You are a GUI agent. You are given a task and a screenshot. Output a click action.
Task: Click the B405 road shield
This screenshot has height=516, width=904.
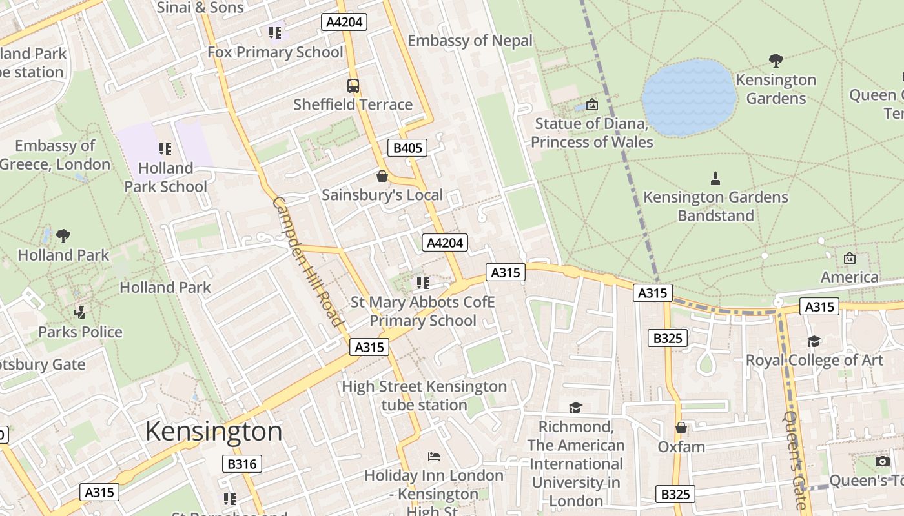(x=407, y=148)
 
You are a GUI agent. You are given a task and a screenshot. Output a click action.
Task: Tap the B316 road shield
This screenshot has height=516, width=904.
(x=242, y=463)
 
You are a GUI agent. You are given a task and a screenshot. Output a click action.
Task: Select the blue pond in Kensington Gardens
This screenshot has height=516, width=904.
(x=689, y=97)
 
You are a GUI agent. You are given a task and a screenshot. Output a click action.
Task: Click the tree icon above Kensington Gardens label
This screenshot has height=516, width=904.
(x=776, y=61)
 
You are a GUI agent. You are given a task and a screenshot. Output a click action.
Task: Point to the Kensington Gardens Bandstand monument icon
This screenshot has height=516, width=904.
(x=715, y=178)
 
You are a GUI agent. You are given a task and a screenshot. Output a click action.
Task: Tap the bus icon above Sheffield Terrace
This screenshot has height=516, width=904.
(x=353, y=85)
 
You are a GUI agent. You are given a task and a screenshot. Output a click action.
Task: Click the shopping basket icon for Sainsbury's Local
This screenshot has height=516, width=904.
(x=382, y=176)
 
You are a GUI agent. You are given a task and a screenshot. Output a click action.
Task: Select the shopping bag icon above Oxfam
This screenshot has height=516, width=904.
(x=681, y=428)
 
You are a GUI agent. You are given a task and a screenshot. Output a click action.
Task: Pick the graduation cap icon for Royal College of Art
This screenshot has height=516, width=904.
(x=814, y=341)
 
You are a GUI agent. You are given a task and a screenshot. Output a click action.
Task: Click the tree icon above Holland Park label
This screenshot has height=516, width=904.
(x=63, y=236)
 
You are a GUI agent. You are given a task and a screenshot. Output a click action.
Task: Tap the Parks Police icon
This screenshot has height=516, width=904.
(x=80, y=313)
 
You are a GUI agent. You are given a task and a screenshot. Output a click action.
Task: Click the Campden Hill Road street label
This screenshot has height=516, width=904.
(x=307, y=261)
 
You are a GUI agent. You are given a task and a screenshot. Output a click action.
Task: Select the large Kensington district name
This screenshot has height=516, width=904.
(x=214, y=431)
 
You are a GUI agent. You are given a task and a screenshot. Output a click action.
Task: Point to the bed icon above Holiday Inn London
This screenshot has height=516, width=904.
(x=434, y=457)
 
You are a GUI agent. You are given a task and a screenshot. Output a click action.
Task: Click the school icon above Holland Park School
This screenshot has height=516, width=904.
(x=165, y=149)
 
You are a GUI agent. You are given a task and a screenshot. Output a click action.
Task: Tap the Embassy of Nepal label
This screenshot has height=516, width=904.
(x=470, y=41)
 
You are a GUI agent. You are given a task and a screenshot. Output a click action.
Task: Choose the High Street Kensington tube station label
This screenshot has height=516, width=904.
(x=424, y=395)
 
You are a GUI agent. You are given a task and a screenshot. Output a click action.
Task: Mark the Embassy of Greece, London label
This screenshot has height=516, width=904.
(x=56, y=155)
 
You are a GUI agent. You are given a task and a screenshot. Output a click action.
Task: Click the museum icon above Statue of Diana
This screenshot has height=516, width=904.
(x=591, y=104)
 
